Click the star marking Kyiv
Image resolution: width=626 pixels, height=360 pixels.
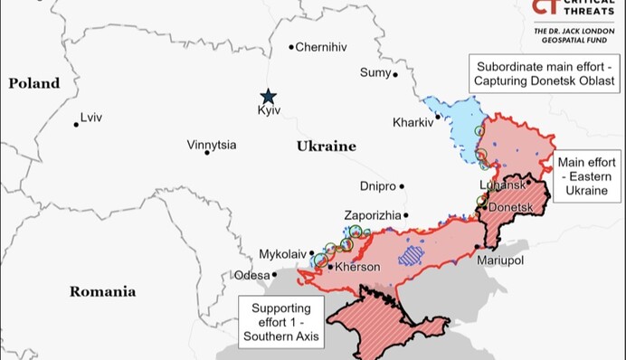tap(268, 96)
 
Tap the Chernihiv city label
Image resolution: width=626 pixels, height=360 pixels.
tap(321, 47)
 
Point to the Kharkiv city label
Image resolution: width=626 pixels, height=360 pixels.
tap(413, 122)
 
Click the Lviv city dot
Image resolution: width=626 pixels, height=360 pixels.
tap(76, 124)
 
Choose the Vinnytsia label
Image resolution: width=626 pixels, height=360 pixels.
tap(212, 144)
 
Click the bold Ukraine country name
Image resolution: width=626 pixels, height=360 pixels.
tap(326, 146)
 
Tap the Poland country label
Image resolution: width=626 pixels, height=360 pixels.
tap(34, 83)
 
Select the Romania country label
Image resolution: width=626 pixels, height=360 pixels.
tap(102, 291)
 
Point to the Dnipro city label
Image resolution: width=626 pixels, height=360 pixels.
tap(377, 186)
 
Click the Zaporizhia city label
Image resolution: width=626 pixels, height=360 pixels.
tap(372, 215)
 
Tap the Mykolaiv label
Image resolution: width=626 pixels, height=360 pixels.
tap(283, 254)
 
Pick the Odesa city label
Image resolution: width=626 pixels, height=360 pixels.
tap(251, 275)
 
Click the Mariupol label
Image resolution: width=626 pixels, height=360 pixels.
tap(500, 261)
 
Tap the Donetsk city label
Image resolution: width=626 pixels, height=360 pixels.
tap(511, 207)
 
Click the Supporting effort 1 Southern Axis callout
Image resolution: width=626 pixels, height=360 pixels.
tap(280, 321)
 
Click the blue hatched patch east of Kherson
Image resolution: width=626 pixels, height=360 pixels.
tap(415, 254)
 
